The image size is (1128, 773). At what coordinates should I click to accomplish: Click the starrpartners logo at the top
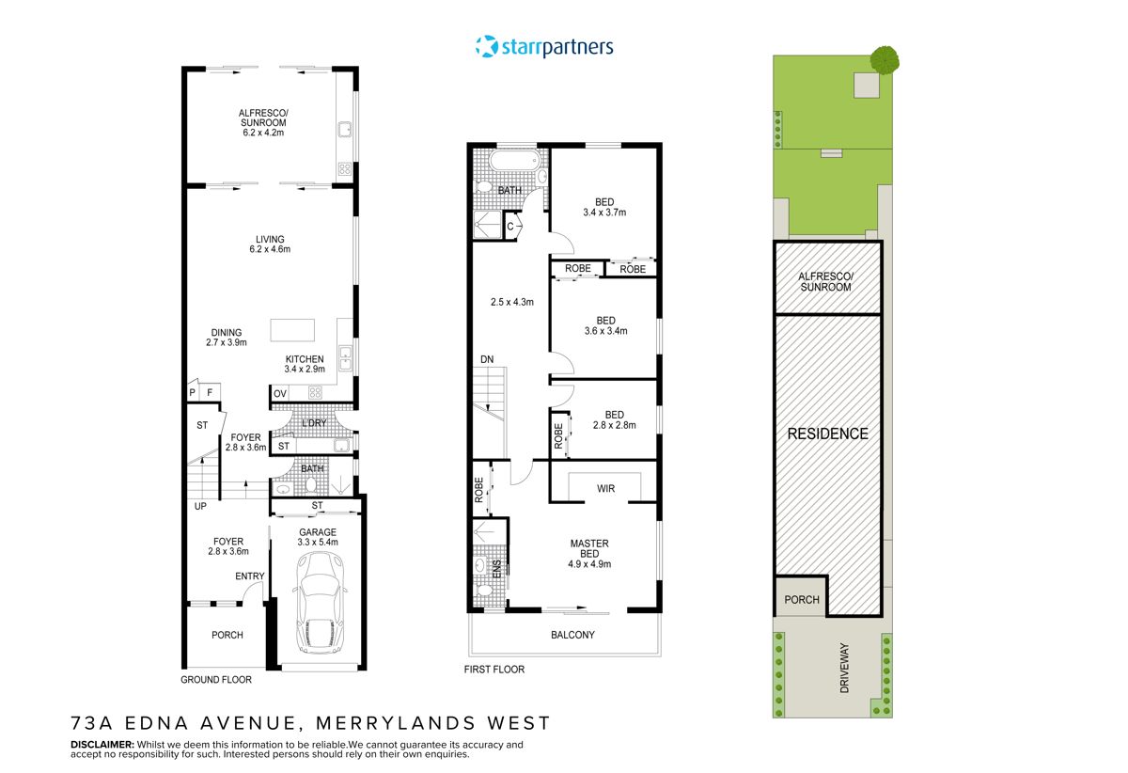544,46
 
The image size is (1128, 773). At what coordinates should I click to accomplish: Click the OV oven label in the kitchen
280,393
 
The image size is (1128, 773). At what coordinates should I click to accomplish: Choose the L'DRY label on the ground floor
314,423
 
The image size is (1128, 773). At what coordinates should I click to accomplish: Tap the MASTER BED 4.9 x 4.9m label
590,554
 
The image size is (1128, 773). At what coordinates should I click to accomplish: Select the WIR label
606,488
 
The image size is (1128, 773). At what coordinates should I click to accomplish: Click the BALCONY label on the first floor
572,635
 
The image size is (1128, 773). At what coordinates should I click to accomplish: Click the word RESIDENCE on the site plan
827,434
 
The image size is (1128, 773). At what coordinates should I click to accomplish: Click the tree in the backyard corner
884,59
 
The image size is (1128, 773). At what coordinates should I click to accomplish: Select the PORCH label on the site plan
801,599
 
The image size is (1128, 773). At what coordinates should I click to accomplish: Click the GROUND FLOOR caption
215,680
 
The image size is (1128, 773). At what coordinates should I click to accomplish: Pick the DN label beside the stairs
487,359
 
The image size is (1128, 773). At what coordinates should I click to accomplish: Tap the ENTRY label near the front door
249,576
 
